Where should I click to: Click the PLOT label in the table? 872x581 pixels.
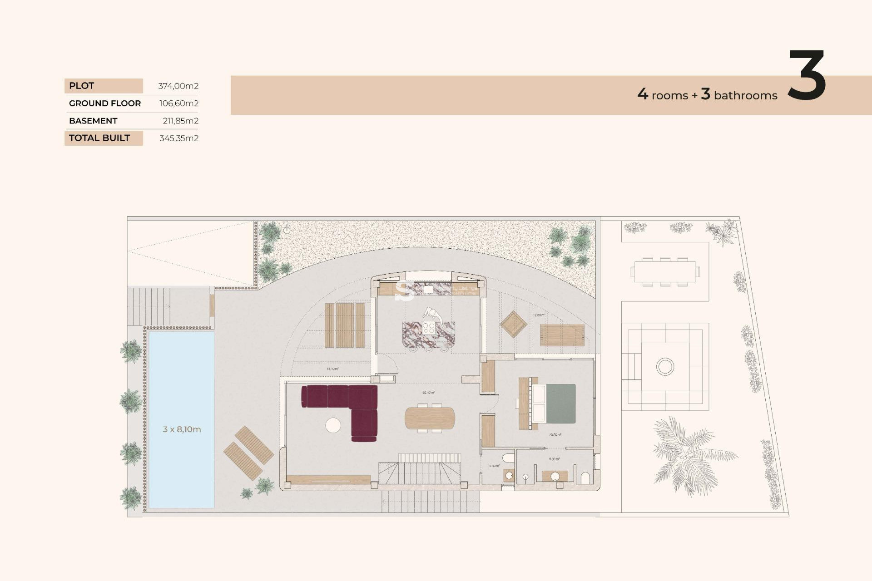(82, 86)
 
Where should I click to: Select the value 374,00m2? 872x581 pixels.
(178, 86)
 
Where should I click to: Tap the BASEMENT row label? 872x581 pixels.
(93, 121)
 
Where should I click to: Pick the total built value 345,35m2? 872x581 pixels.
(178, 138)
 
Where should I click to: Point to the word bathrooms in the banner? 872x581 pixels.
(745, 95)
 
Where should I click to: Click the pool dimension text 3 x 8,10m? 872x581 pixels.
(182, 429)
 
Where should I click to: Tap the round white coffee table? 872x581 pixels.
(333, 425)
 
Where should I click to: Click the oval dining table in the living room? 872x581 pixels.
(429, 418)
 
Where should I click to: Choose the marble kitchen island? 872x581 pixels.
(428, 335)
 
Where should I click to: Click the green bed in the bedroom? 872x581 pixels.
(560, 404)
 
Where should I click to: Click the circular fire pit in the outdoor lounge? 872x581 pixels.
(665, 366)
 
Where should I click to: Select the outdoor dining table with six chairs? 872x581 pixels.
(665, 271)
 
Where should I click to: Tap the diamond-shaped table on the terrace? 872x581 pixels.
(513, 324)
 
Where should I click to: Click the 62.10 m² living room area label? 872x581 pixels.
(428, 392)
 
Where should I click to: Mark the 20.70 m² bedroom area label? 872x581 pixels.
(555, 435)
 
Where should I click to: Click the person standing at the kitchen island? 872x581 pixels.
(432, 315)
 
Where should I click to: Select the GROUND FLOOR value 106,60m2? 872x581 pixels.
(178, 103)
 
